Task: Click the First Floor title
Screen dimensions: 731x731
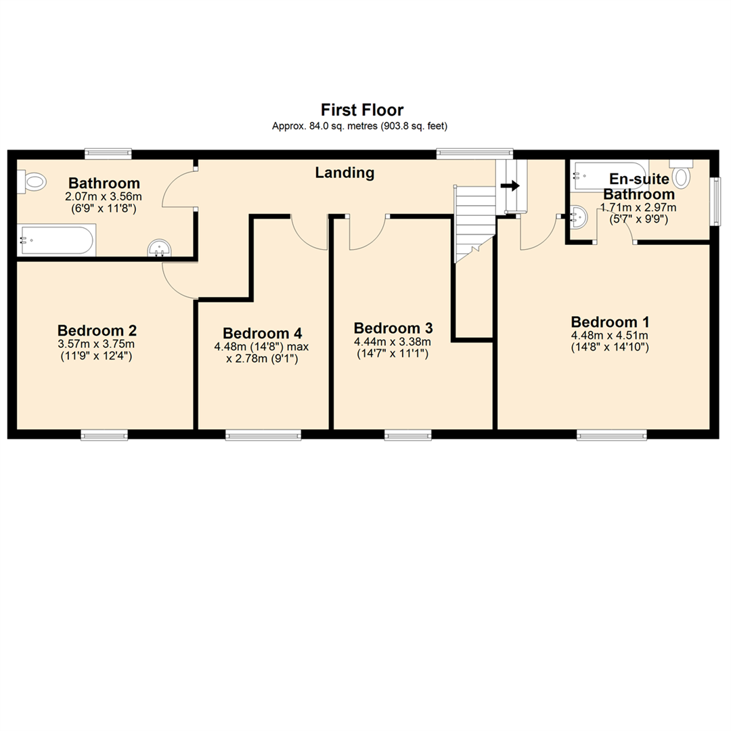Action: (x=361, y=110)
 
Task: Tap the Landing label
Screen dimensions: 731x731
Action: (x=345, y=173)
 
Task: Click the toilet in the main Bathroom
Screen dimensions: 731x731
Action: (x=32, y=181)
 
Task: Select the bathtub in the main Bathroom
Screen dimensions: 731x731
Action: (x=56, y=240)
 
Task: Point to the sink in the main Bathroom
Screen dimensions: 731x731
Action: (x=160, y=248)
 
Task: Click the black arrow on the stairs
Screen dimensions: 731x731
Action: (x=510, y=186)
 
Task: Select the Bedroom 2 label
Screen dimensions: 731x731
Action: (x=97, y=330)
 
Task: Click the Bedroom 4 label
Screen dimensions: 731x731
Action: (x=263, y=333)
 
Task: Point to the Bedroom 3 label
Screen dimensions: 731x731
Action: (x=393, y=328)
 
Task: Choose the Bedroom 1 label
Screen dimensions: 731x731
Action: (x=611, y=322)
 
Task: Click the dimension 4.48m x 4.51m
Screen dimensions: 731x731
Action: (x=610, y=336)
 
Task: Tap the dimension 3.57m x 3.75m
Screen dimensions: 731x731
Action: (x=97, y=344)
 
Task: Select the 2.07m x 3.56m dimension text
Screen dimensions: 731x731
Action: (x=104, y=197)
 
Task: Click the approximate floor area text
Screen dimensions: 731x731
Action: (x=360, y=126)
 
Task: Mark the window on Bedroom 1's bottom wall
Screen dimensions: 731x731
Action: (x=612, y=435)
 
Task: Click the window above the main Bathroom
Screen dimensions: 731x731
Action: (x=108, y=154)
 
